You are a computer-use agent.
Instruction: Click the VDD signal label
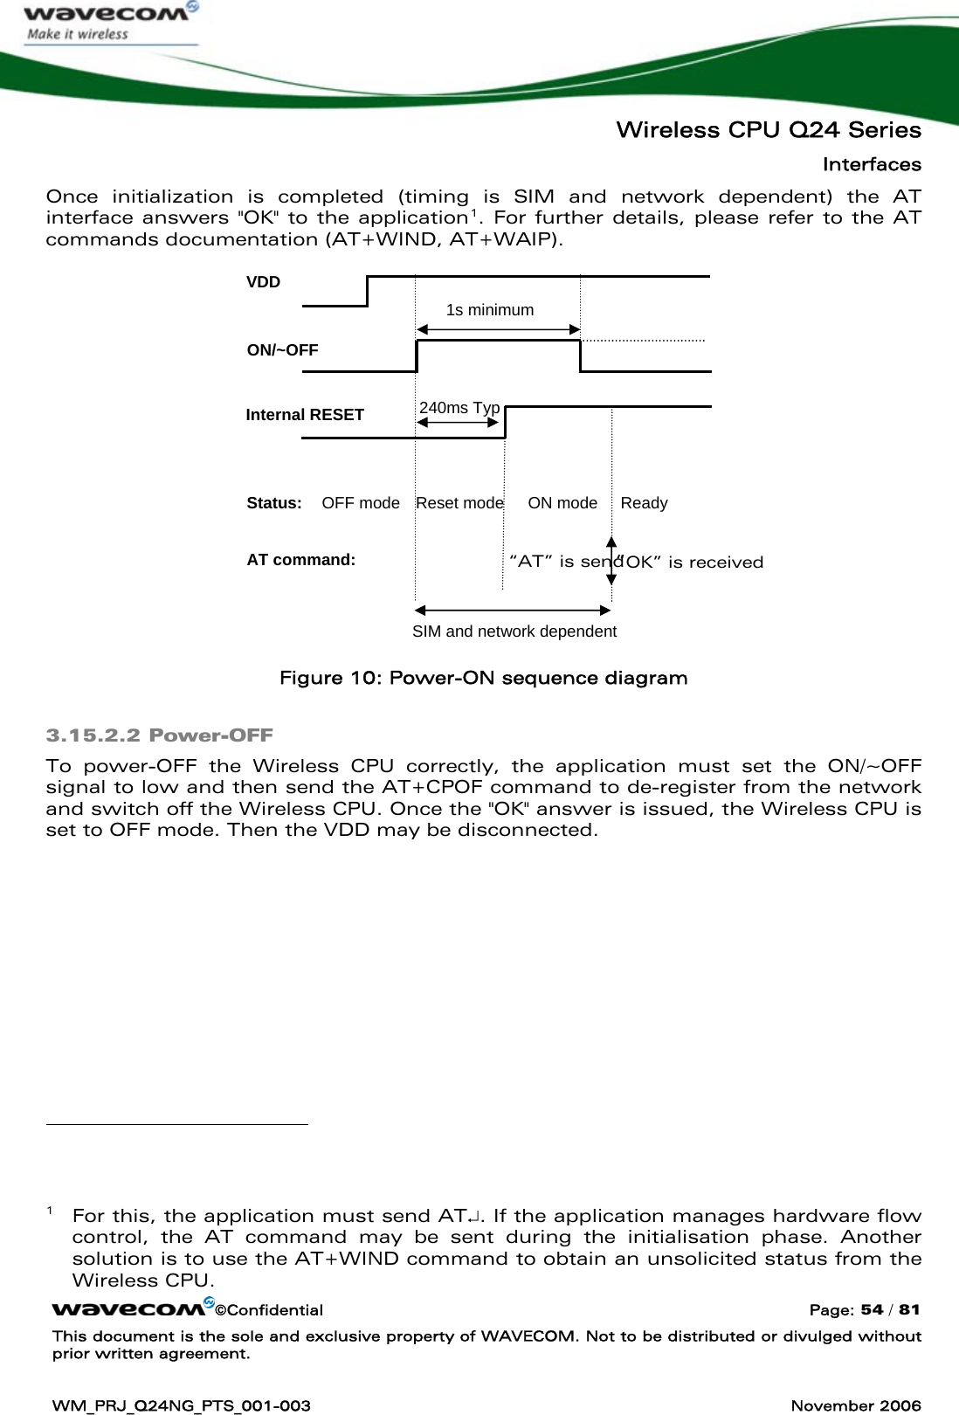263,282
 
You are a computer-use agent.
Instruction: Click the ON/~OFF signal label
282,350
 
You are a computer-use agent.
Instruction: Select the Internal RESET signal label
305,415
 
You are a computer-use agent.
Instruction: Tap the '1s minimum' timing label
489,310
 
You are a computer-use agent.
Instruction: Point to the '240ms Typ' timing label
459,408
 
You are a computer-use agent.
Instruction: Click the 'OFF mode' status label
360,503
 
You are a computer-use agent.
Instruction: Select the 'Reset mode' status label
459,503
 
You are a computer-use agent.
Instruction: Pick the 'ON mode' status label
562,503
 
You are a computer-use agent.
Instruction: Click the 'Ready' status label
644,503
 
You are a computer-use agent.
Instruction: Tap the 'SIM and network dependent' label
514,632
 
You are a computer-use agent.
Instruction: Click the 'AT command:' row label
300,560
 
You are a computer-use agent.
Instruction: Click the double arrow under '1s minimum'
498,329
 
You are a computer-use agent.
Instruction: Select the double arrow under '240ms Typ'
458,423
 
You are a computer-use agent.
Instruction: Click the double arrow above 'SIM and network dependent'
513,610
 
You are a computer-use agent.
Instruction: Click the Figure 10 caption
483,679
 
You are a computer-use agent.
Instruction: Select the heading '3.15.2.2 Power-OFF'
159,735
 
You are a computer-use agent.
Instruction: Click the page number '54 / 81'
890,1309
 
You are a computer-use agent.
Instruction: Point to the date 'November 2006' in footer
855,1405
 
